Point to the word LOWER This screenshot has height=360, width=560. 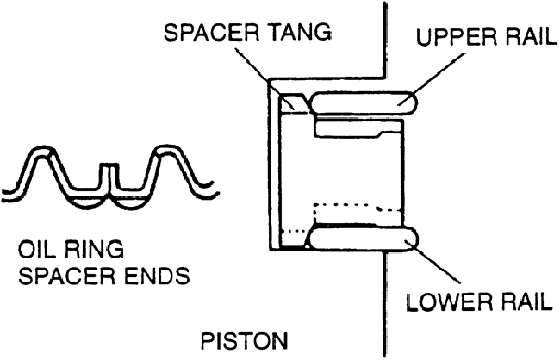click(449, 303)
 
